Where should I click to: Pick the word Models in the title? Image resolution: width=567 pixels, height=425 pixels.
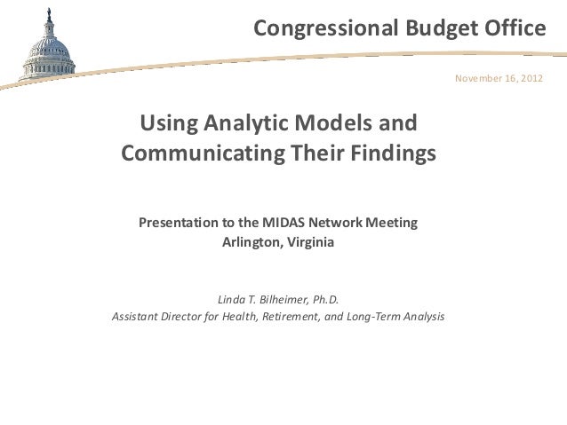[x=334, y=122]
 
